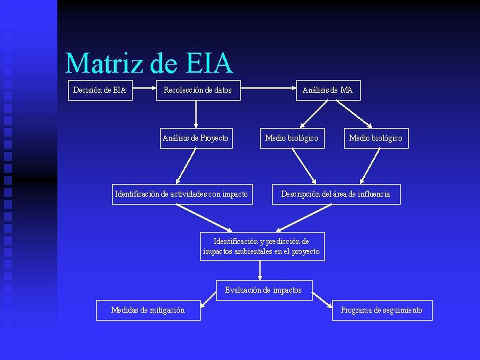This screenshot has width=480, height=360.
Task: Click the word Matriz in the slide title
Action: coord(105,64)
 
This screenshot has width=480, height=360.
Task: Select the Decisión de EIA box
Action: coord(99,90)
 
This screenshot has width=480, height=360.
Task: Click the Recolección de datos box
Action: coord(197,90)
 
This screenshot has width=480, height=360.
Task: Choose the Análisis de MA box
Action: coord(327,90)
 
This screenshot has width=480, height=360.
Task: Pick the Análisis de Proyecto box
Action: coord(195,138)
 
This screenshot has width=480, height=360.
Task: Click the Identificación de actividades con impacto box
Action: coord(181,194)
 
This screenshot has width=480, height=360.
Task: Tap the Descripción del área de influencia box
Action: coord(335,194)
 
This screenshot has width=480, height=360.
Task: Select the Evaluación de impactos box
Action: coord(263,290)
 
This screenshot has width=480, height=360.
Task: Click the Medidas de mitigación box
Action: coord(148,310)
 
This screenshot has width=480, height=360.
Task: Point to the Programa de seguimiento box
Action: coord(381,310)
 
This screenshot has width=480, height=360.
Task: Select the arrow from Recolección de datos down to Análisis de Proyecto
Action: coord(195,113)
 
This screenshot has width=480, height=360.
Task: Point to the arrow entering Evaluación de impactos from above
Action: coord(259,270)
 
